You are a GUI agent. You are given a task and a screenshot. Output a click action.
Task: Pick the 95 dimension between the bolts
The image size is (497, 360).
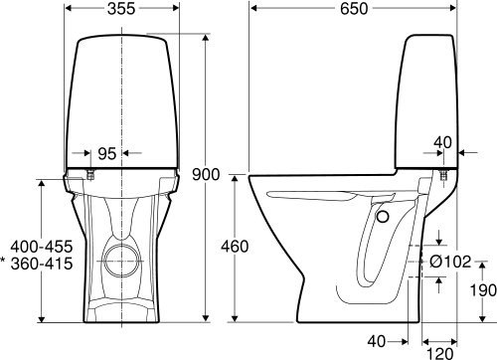(x=107, y=154)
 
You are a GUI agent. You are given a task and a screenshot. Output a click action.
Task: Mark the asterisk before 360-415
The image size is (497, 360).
(x=5, y=263)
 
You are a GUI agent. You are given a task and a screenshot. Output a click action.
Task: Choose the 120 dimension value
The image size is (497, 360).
(x=454, y=352)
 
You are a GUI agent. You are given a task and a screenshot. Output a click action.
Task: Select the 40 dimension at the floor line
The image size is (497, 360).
(x=376, y=341)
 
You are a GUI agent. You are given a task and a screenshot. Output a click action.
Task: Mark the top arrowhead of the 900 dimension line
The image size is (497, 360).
(x=207, y=38)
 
